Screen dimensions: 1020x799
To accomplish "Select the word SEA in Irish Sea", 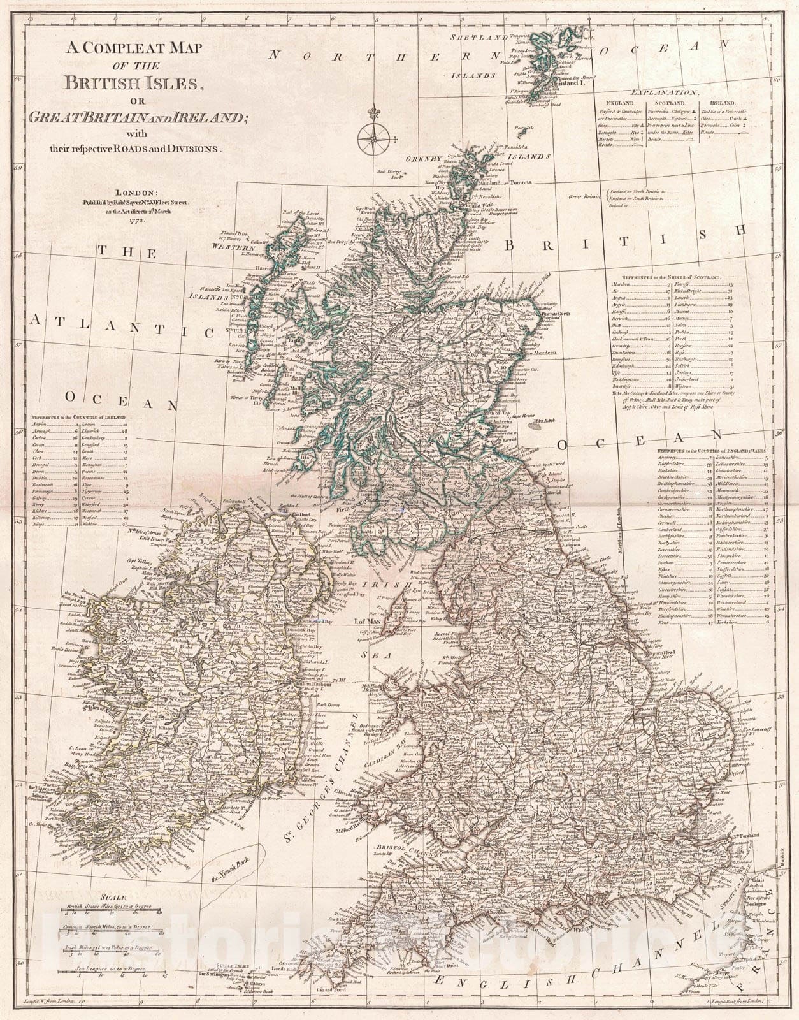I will [x=367, y=655].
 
